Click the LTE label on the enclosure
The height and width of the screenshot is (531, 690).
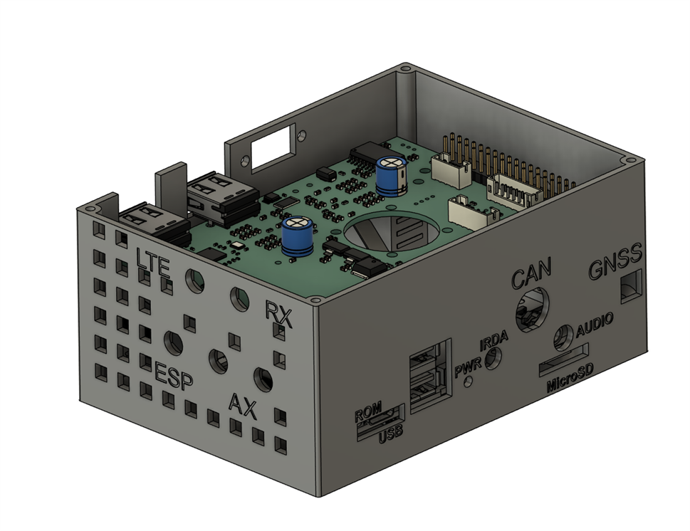click(152, 263)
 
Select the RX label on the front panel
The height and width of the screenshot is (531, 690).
click(278, 314)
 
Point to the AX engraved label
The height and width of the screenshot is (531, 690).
click(243, 406)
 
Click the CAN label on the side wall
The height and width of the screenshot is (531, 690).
click(530, 273)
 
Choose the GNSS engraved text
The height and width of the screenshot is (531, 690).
click(615, 262)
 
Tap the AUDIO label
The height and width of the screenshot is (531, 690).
click(595, 325)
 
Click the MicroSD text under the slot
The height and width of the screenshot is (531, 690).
click(570, 379)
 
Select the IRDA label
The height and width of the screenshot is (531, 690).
click(493, 340)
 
